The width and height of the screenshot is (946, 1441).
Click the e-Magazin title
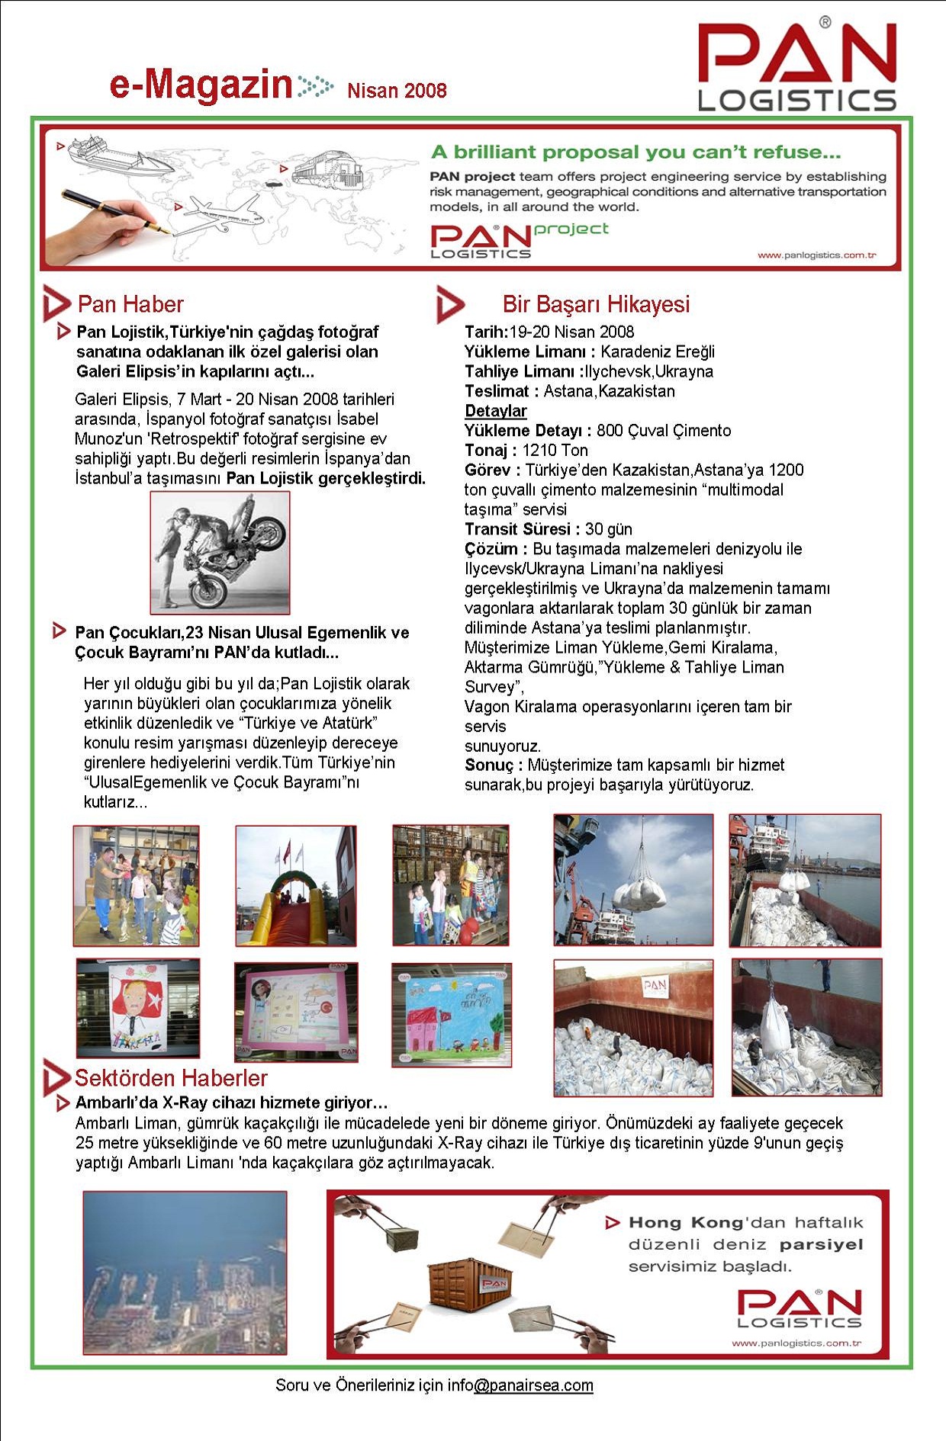(x=201, y=84)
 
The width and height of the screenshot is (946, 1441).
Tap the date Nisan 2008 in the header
(x=397, y=91)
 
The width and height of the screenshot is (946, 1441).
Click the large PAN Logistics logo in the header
(x=797, y=67)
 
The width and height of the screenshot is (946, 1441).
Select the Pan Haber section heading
(x=130, y=304)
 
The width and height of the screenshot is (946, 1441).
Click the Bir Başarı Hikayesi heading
(x=596, y=304)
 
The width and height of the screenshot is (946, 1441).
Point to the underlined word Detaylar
(x=496, y=411)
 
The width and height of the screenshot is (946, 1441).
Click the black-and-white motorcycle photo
(x=220, y=553)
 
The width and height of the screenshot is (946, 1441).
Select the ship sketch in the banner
(x=114, y=156)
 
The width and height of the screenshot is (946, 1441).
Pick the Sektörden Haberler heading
(x=171, y=1078)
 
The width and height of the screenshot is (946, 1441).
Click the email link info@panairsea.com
(x=533, y=1385)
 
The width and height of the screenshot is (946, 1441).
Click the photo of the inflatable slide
(x=295, y=885)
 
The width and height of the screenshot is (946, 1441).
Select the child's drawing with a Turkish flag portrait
(x=138, y=1008)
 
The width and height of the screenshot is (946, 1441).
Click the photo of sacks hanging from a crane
(x=633, y=880)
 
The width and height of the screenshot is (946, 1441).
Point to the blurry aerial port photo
(x=185, y=1273)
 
